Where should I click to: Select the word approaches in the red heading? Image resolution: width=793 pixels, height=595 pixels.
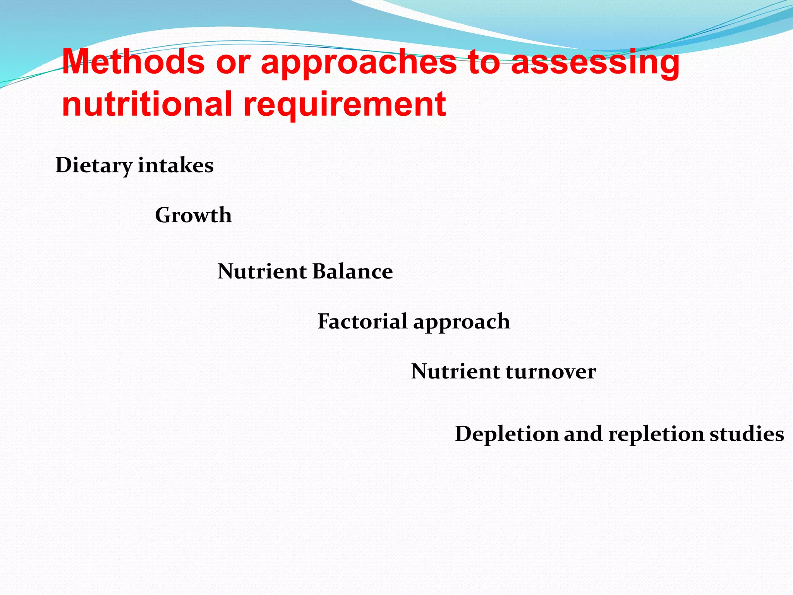point(359,63)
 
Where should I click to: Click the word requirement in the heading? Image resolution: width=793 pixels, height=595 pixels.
point(344,105)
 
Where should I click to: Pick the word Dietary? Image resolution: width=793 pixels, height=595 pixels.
point(94,166)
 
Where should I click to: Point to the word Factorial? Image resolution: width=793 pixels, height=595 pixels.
point(362,321)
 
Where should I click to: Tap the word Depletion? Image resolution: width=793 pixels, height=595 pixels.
point(506,434)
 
